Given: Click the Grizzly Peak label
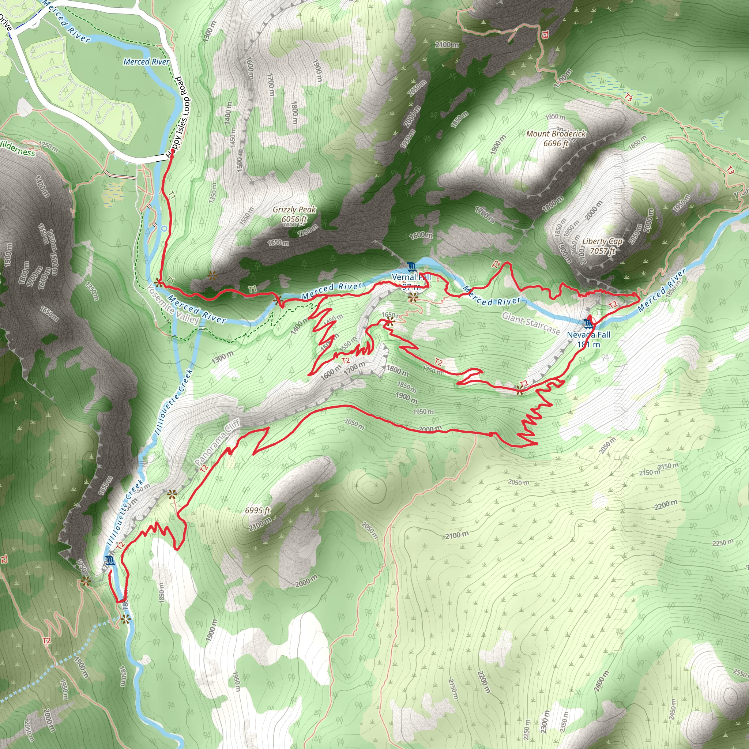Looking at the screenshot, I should point(294,214).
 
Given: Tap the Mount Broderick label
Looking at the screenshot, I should point(556,138).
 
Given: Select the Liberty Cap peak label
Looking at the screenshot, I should point(602,246).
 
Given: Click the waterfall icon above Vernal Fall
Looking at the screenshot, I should point(411,267).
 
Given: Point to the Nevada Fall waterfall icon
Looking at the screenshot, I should point(589,323).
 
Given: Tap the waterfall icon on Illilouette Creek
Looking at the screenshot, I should point(109,561).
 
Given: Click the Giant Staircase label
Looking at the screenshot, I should point(531,323).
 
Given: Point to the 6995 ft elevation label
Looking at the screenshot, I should point(257,510).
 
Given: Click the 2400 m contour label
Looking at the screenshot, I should point(602,681).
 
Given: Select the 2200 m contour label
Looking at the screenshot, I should point(666,505).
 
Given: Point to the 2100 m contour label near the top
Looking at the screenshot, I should point(447,45).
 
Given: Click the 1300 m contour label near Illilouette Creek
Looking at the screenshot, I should point(222,357).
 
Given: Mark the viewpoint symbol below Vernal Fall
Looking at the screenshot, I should point(413,297).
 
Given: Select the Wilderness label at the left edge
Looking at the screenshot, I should point(18,149).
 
